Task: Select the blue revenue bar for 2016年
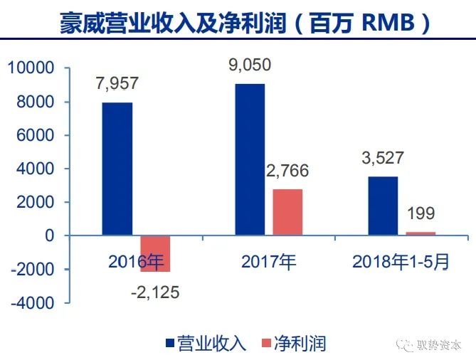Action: (117, 169)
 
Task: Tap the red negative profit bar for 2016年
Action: (155, 253)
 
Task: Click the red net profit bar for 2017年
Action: (287, 212)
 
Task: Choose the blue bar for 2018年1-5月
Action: (383, 206)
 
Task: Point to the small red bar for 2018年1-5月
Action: (421, 233)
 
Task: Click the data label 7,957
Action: (117, 83)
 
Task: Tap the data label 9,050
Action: (250, 65)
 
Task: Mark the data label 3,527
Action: (383, 158)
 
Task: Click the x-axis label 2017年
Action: (268, 262)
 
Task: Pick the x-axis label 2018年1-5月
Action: (401, 262)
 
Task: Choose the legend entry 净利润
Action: (300, 343)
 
